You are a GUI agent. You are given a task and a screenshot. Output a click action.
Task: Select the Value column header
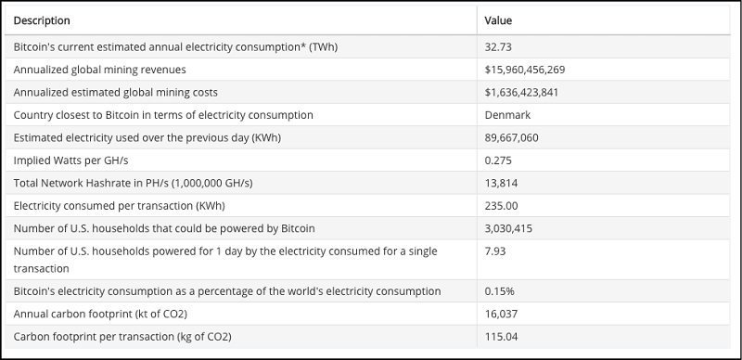[x=498, y=19]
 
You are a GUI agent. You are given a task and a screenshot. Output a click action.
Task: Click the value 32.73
[x=499, y=46]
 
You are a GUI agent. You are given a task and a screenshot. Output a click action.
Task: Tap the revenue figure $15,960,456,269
[x=525, y=70]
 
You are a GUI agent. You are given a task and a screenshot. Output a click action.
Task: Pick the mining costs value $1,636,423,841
[x=521, y=92]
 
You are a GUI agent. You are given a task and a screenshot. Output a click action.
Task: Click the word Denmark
[x=507, y=115]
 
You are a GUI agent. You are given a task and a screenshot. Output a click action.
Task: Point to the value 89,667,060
[x=511, y=137]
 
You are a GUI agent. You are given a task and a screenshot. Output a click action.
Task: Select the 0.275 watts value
[x=499, y=160]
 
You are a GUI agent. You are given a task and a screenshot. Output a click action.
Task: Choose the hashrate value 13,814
[x=500, y=183]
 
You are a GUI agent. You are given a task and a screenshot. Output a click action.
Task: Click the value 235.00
[x=501, y=205]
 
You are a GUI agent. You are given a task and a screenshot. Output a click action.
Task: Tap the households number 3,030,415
[x=508, y=227]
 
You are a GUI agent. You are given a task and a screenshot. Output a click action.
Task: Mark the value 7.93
[x=495, y=251]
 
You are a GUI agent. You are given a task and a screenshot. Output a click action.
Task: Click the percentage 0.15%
[x=498, y=291]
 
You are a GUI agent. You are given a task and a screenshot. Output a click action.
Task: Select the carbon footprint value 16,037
[x=500, y=314]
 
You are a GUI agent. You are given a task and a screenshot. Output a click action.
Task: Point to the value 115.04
[x=501, y=336]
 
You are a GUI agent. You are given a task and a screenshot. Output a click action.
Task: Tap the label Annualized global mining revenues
[x=100, y=70]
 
